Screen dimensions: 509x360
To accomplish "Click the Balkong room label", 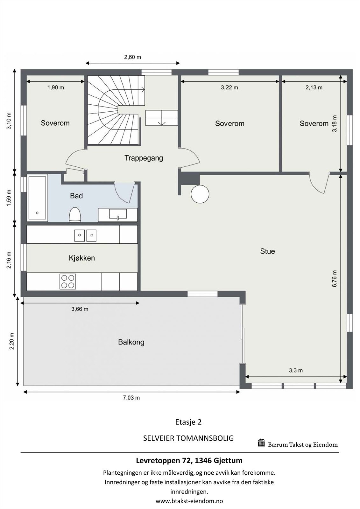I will [131, 342].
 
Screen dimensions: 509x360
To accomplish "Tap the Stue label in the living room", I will [267, 251].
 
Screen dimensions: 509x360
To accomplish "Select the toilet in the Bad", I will [75, 214].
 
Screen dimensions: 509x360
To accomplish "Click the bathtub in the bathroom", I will [38, 198].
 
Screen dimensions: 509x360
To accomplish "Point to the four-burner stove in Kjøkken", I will [68, 281].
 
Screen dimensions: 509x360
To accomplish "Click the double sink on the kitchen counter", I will [85, 235].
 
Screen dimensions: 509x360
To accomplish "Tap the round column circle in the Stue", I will [200, 194].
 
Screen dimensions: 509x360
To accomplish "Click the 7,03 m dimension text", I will [131, 398].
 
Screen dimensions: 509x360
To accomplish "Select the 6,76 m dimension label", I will [335, 279].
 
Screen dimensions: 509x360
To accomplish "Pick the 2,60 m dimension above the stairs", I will [132, 57].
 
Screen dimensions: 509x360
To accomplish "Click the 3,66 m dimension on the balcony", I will [80, 309].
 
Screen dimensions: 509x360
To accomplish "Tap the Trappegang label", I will [144, 158].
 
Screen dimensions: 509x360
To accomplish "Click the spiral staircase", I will [113, 110].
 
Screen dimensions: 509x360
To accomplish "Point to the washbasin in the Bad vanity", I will [118, 214].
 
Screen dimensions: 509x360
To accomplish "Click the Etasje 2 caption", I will [188, 422].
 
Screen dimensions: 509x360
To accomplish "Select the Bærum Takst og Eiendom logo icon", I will [261, 443].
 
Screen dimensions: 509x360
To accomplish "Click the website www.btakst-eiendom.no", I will [189, 501].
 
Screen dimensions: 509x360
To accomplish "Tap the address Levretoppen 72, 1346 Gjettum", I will [189, 460].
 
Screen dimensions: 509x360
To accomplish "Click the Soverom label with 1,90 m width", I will [55, 123].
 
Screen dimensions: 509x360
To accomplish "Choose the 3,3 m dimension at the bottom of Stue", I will [296, 370].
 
